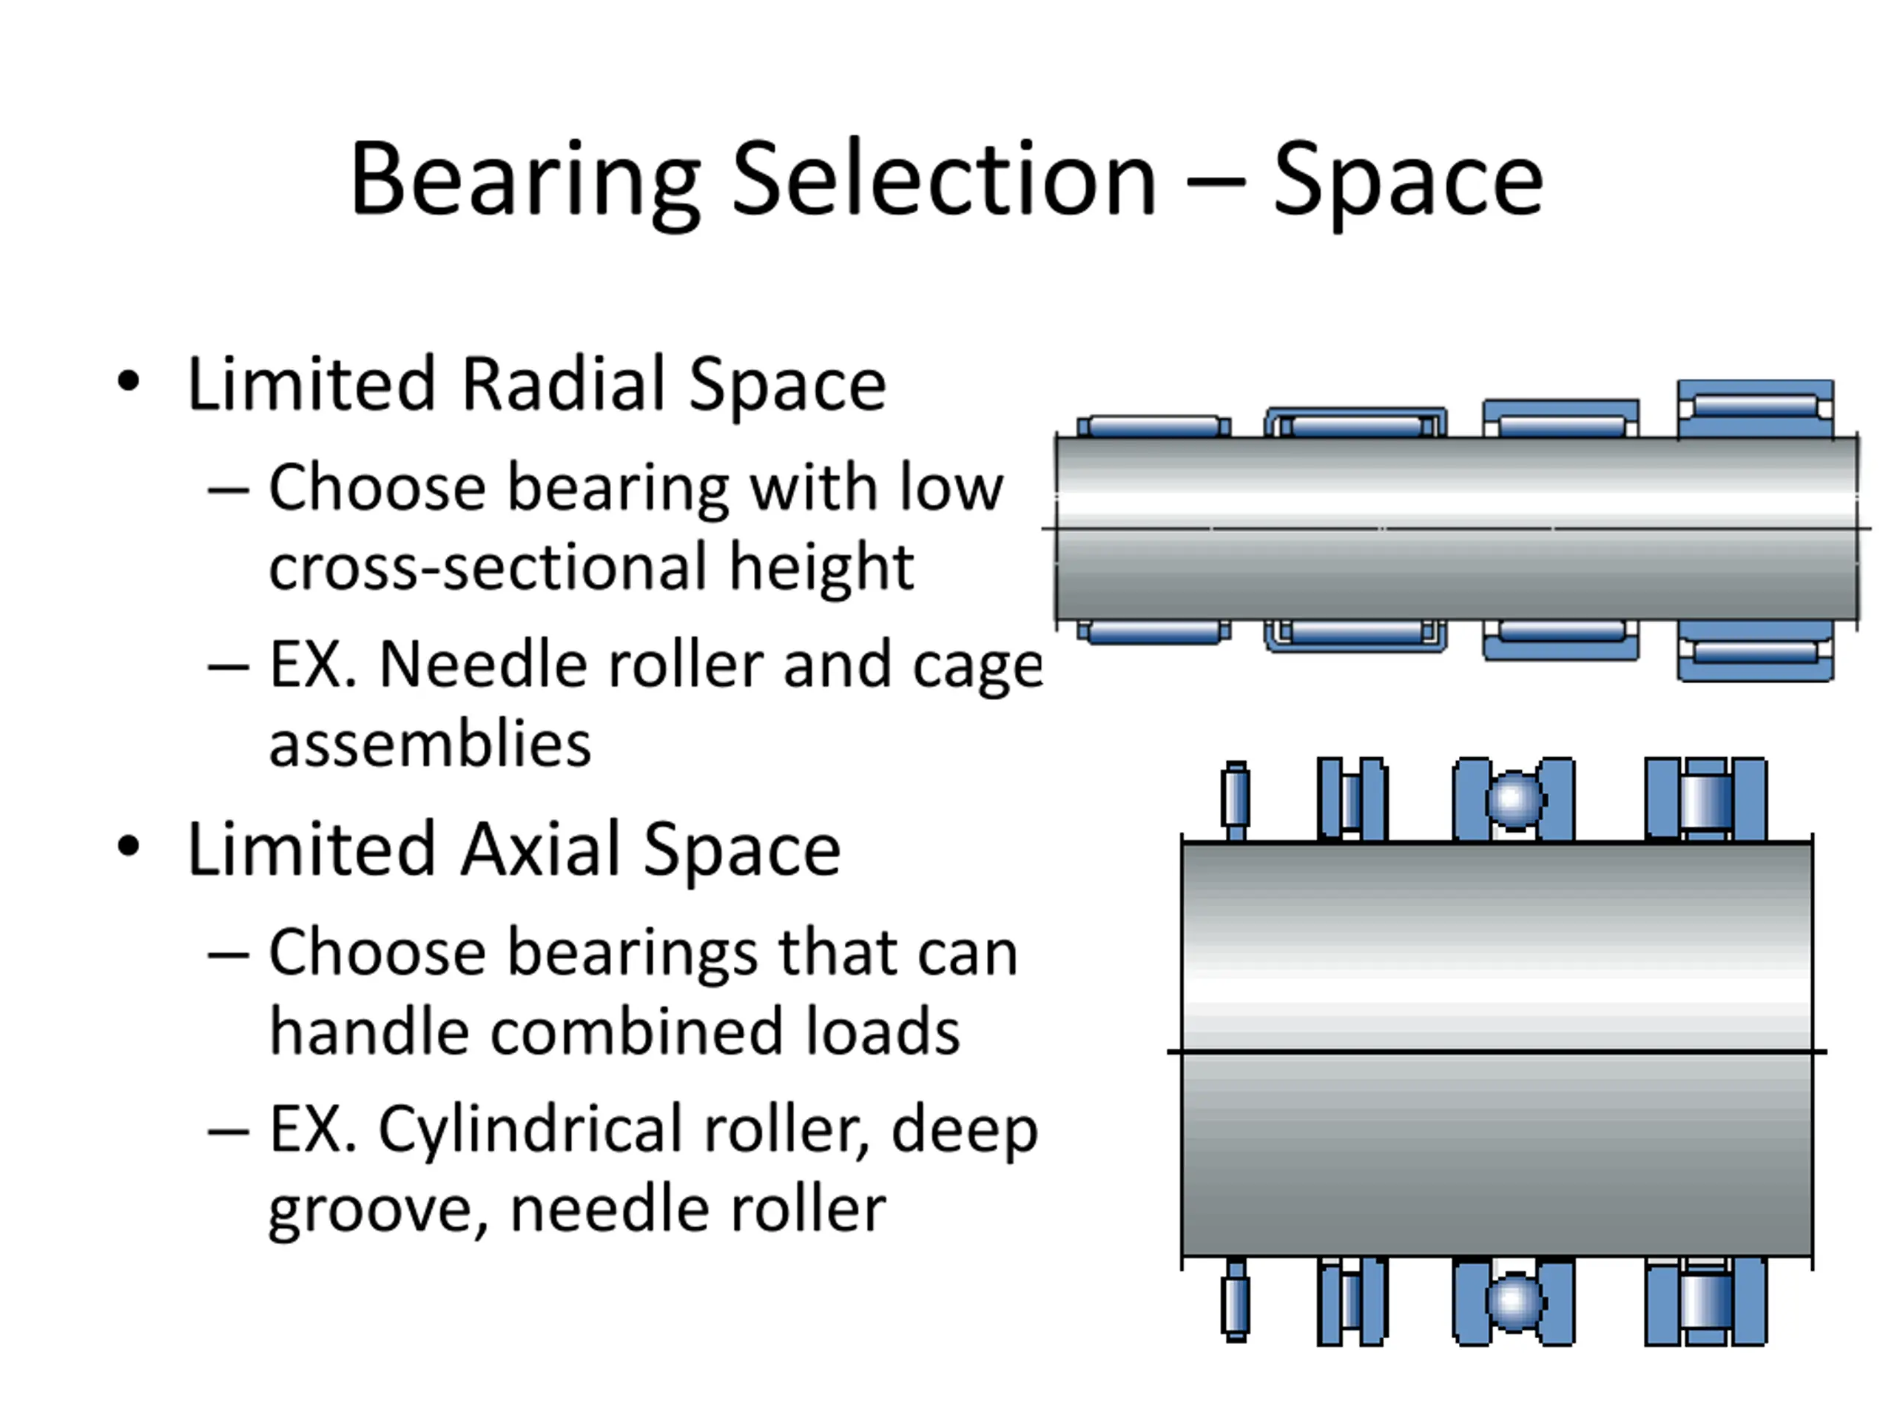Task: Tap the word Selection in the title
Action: point(943,180)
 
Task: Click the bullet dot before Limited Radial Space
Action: point(129,382)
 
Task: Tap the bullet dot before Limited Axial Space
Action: point(129,847)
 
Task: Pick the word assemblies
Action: point(430,744)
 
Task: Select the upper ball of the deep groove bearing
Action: point(1513,800)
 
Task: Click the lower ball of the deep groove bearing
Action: point(1513,1301)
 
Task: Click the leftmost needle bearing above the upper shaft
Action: point(1153,426)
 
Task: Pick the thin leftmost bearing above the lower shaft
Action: point(1236,799)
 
